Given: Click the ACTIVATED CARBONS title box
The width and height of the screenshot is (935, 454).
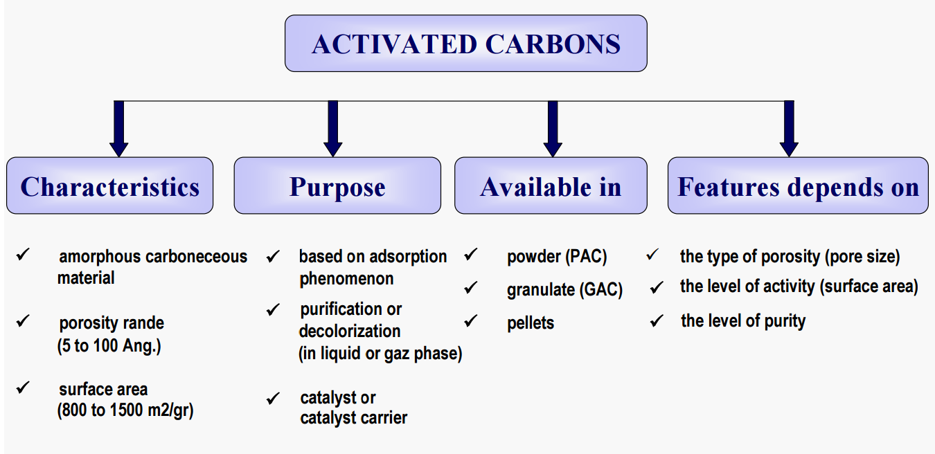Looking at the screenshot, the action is pos(466,44).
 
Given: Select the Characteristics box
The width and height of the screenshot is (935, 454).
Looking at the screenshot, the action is pos(110,185).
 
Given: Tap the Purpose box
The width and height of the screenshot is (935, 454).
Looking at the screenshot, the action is pos(337,185).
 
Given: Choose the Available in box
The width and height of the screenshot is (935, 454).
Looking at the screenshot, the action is pos(551,185).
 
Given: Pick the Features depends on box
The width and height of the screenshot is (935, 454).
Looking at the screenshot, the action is pos(798,185).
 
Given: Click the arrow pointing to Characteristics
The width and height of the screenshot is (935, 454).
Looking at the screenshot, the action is pos(119,129).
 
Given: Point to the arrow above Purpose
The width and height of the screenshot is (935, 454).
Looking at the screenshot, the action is pos(332,129).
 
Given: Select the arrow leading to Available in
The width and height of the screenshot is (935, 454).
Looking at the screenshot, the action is pos(553,129).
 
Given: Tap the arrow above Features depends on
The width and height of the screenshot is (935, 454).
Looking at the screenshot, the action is pos(789,129).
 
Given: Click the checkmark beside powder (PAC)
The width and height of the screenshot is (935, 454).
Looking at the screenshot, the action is pos(471,254).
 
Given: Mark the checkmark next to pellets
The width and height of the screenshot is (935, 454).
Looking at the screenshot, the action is pos(471,320).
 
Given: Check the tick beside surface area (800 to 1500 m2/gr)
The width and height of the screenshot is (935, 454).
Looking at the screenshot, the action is pos(23,388).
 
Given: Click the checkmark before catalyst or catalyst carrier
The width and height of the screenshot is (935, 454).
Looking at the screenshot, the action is pos(273,398).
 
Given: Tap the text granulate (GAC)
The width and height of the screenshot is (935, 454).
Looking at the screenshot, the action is pos(564,289).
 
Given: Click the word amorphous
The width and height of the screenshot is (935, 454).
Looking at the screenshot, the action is pos(99,257).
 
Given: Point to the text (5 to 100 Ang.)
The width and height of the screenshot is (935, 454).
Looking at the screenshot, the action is pos(109,345).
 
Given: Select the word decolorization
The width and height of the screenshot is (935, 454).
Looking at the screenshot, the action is pos(350,331).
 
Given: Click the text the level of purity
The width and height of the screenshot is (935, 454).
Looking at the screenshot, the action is pos(743,321).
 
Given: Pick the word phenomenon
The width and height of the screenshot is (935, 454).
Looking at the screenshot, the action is pos(346,279).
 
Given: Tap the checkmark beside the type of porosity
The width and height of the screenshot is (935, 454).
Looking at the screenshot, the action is pos(652,254).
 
